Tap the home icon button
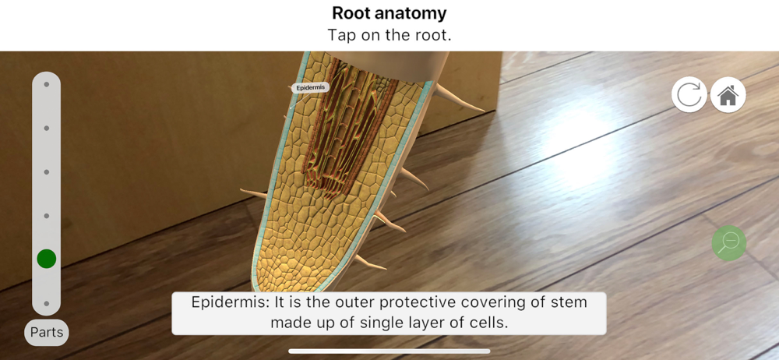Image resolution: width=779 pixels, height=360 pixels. pyautogui.click(x=728, y=94)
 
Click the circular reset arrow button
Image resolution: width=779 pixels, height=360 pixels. pyautogui.click(x=689, y=94)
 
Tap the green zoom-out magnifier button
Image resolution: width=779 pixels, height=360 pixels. pyautogui.click(x=729, y=242)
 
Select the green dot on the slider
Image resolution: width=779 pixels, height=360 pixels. pyautogui.click(x=46, y=259)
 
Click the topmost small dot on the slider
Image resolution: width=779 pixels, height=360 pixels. pyautogui.click(x=46, y=84)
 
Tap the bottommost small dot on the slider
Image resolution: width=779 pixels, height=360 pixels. pyautogui.click(x=46, y=303)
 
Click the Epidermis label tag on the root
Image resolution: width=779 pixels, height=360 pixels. pyautogui.click(x=310, y=88)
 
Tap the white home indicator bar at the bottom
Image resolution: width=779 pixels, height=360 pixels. pyautogui.click(x=389, y=351)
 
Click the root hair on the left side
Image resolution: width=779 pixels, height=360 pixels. pyautogui.click(x=253, y=193)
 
